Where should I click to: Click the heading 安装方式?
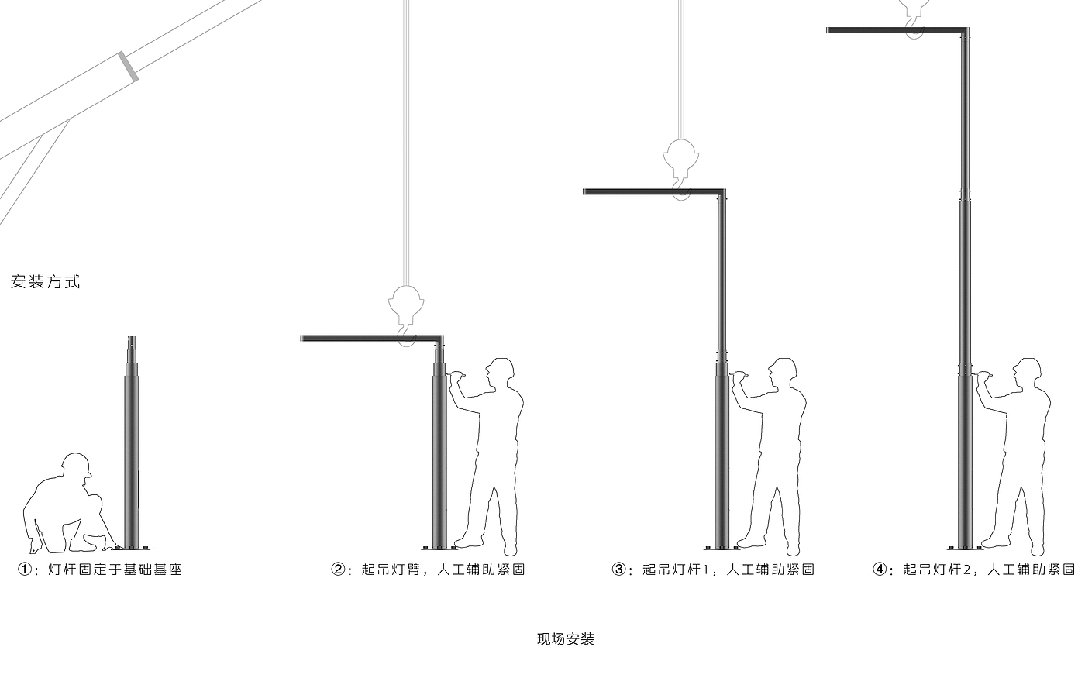(x=46, y=282)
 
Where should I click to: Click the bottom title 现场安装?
(x=566, y=639)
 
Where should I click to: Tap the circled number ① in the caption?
(x=26, y=570)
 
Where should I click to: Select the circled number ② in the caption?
(x=339, y=570)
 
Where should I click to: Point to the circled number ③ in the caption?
(x=619, y=570)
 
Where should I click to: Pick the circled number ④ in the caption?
(x=880, y=570)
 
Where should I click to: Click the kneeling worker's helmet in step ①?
(x=77, y=464)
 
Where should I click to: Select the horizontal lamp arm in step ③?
(x=651, y=191)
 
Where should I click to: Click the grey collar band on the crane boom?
(x=128, y=66)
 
